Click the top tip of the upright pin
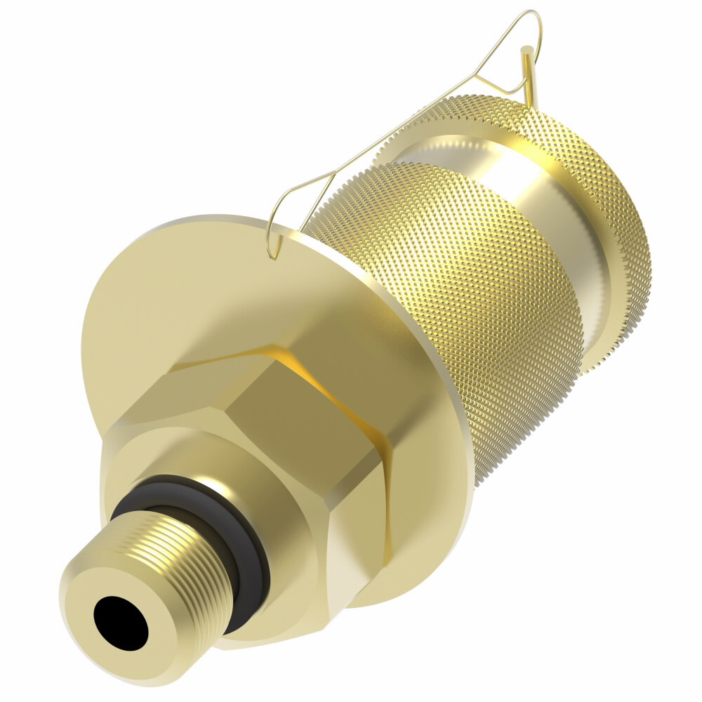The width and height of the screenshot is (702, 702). pyautogui.click(x=524, y=49)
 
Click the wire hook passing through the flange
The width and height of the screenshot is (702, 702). pyautogui.click(x=274, y=239)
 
